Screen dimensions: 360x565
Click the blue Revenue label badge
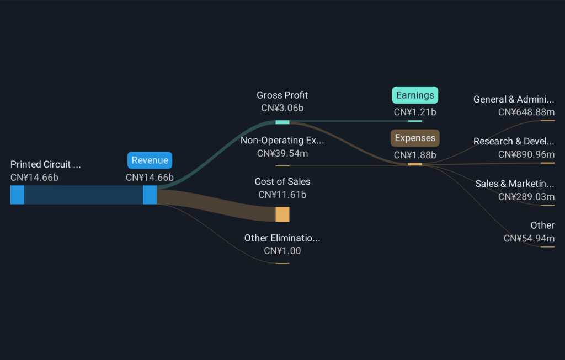[x=150, y=160]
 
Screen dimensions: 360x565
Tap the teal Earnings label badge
[x=415, y=95]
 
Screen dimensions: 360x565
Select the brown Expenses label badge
[x=415, y=138]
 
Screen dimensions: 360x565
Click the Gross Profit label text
[x=282, y=95]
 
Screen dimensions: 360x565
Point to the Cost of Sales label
[x=282, y=181]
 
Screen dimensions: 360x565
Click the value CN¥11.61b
[x=282, y=195]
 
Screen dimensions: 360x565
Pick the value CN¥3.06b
[x=282, y=108]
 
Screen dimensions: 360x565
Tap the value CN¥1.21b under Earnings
[x=415, y=112]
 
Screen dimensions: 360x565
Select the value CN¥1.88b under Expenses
[x=415, y=155]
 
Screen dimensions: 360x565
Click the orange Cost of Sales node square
[x=282, y=214]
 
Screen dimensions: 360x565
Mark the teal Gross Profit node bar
[x=282, y=122]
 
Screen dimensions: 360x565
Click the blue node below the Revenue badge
[x=150, y=195]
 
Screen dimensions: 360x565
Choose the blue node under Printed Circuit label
[x=17, y=195]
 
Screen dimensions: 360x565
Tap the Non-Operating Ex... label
[x=282, y=140]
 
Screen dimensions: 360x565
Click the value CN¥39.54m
[x=282, y=153]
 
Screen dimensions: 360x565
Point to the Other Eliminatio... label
[x=282, y=238]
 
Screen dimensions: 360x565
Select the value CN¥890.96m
[x=526, y=154]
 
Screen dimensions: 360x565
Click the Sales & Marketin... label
[x=515, y=184]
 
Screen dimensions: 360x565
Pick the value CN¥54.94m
[x=529, y=238]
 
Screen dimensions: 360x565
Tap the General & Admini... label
[x=514, y=99]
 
